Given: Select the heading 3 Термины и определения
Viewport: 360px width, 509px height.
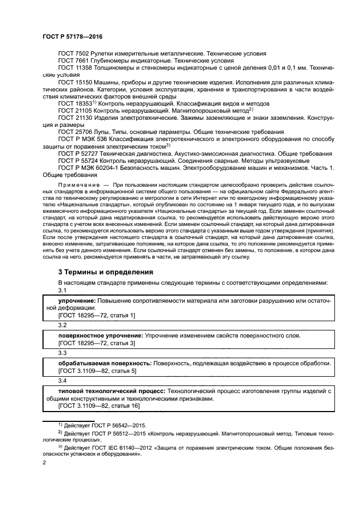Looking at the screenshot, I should coord(106,272).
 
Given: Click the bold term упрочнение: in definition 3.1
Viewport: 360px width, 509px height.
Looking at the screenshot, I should coord(77,301).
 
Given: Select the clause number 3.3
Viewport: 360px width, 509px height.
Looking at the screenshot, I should coord(62,353).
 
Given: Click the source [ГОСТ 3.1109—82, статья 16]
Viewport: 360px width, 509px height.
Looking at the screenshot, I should coord(99,406).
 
